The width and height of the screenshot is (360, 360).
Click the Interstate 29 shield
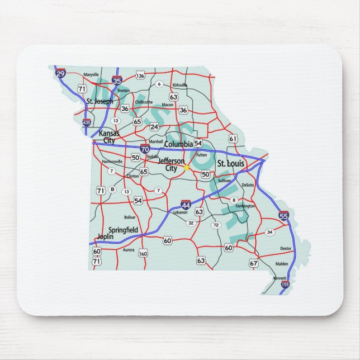coord(60,73)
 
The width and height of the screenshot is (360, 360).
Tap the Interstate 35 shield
coord(117,80)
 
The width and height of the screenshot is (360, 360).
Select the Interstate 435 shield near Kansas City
coord(86,121)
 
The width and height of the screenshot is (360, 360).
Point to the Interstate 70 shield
coord(145,149)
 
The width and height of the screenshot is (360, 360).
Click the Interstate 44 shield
coord(186,205)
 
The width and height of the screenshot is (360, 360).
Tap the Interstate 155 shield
coord(285,285)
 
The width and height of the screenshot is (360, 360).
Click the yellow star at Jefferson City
coord(186,167)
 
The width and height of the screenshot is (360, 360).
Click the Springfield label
coord(123,230)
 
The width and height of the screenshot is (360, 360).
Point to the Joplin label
coord(105,236)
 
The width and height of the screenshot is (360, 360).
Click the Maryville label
coord(91,74)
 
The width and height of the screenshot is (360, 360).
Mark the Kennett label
coord(279,278)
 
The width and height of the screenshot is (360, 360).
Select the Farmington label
coord(245,206)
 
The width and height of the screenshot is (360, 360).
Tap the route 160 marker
coord(143,253)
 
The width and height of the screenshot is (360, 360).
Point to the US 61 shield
coord(233,138)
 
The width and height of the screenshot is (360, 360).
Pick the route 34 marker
coord(269,231)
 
